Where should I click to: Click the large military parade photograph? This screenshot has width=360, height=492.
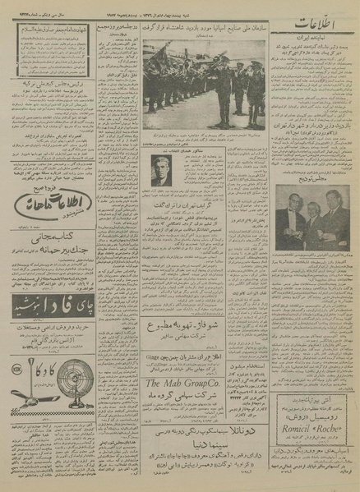(x=201, y=88)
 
